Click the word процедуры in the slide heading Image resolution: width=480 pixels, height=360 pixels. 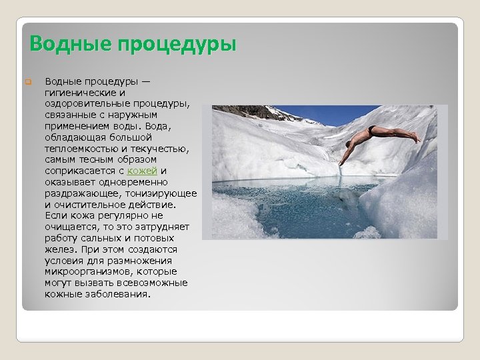tap(177, 45)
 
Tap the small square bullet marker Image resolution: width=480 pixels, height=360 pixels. tap(28, 83)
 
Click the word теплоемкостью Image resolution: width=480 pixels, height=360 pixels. tap(85, 148)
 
